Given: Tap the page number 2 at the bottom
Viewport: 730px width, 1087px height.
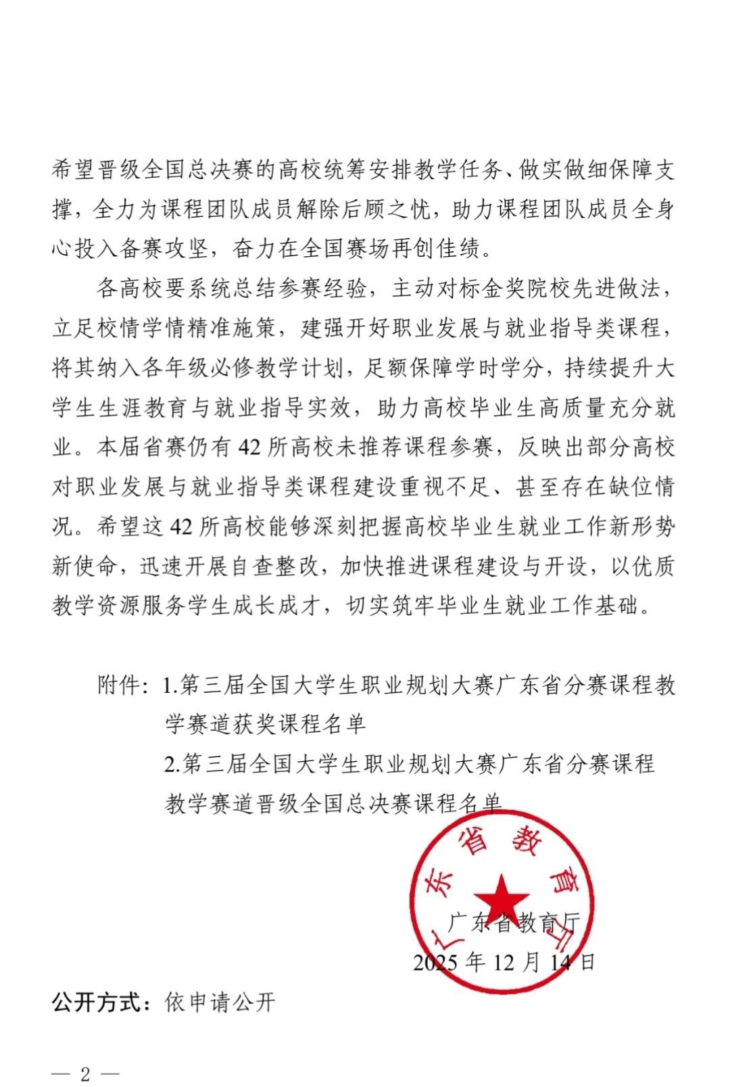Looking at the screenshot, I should (85, 1074).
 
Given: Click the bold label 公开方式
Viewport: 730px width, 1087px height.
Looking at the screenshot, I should (101, 1002).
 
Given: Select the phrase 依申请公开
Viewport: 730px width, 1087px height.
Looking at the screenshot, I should (220, 1002).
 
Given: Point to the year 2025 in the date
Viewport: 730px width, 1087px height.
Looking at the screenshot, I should (437, 962).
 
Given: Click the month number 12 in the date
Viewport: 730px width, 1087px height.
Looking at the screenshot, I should (504, 962).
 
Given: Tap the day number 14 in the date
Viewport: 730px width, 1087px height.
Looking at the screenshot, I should (560, 962).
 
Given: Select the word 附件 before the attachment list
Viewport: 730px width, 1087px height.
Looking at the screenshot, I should (120, 685).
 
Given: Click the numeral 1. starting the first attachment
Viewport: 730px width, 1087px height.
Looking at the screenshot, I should (170, 685).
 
